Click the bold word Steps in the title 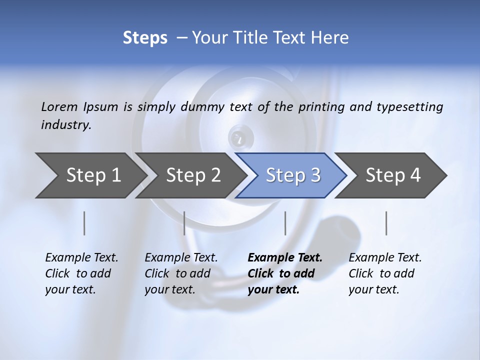pos(145,38)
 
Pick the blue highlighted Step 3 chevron pos(292,175)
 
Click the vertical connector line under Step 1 pos(84,223)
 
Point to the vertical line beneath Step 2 pos(184,223)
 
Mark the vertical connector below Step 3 pos(285,223)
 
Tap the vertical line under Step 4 pos(386,223)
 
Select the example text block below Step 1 pos(81,273)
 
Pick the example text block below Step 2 pos(180,273)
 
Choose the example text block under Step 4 pos(384,273)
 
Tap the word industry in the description pos(65,125)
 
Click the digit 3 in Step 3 pos(315,175)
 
